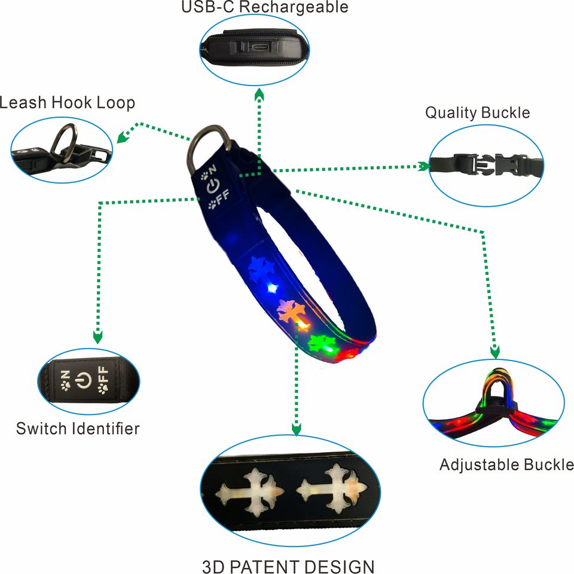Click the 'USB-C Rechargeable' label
(x=265, y=7)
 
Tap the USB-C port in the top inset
(x=260, y=48)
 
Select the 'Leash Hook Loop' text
(x=68, y=103)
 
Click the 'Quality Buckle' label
(x=477, y=113)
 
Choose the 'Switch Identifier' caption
(x=78, y=429)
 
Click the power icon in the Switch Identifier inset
(x=83, y=380)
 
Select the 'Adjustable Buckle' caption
(x=506, y=465)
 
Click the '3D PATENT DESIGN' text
(x=288, y=566)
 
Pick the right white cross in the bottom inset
(x=331, y=488)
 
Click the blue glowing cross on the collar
(x=260, y=270)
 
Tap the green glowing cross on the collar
(x=321, y=343)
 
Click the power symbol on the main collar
(x=213, y=186)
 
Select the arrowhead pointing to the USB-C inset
(x=259, y=94)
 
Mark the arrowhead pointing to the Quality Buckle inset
(x=424, y=167)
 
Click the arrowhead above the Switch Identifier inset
(x=97, y=337)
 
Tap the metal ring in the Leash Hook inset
(x=64, y=143)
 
